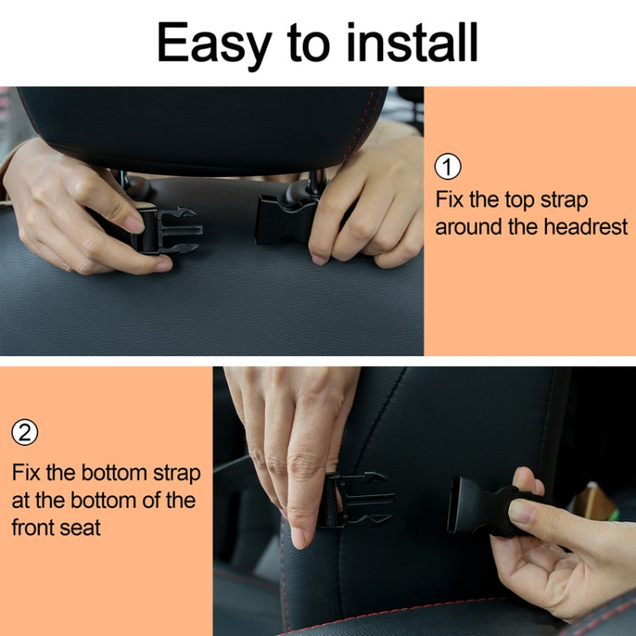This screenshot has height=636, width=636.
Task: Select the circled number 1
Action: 448,167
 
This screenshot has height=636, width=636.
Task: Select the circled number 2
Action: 25,433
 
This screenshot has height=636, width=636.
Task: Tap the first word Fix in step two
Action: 26,472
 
